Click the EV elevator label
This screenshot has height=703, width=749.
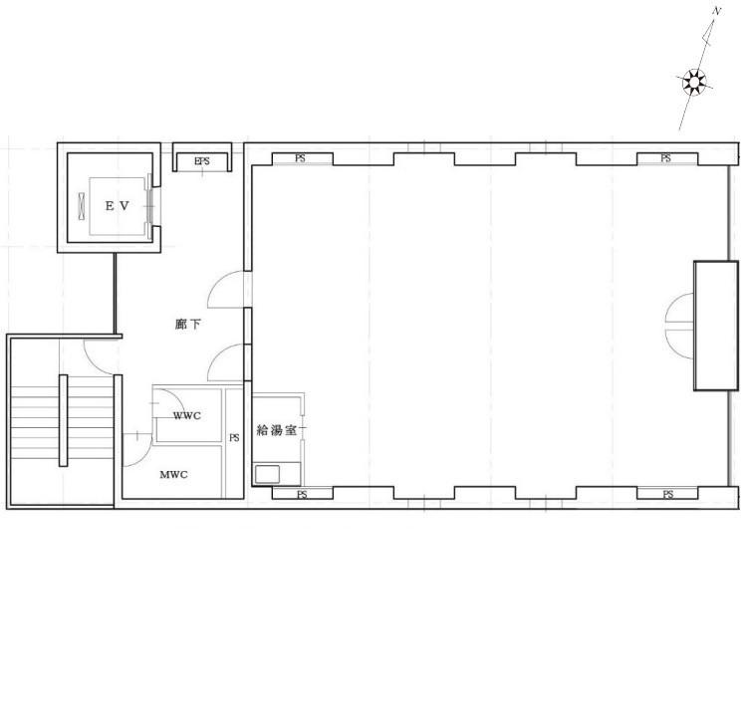click(118, 206)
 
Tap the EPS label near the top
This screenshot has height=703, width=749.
click(202, 161)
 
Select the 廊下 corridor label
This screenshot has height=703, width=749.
click(187, 325)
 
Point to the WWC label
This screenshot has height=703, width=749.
click(187, 415)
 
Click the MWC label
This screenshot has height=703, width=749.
click(173, 474)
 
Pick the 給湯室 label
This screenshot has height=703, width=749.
click(277, 430)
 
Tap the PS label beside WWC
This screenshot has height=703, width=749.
click(234, 437)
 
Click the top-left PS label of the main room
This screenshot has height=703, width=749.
click(300, 158)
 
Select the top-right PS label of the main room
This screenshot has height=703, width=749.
click(666, 158)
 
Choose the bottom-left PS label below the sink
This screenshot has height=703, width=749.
click(302, 494)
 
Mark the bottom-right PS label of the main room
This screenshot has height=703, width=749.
click(667, 494)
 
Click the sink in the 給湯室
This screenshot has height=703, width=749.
click(268, 474)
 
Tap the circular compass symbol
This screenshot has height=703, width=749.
click(693, 82)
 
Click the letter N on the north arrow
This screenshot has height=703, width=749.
click(716, 11)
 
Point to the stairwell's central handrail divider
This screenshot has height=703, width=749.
click(63, 420)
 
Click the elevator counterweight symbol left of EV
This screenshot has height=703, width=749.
click(82, 206)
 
